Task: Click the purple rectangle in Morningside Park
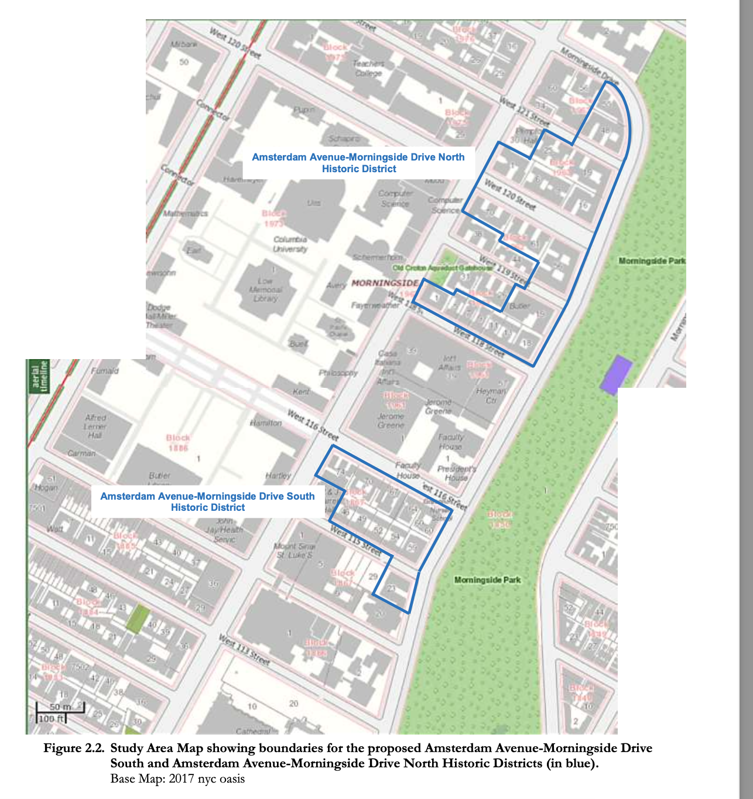point(616,374)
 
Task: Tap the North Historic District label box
point(358,163)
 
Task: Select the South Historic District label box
point(208,501)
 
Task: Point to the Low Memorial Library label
point(265,289)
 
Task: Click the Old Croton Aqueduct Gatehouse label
point(443,268)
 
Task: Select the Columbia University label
point(290,244)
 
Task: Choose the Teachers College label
point(368,68)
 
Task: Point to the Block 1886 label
point(178,442)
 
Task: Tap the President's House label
point(456,473)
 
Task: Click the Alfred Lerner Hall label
point(95,426)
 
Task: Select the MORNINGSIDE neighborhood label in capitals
point(385,283)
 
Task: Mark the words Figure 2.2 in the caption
point(74,748)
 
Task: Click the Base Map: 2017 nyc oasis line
point(177,779)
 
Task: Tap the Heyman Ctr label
point(491,395)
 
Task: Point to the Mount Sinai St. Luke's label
point(293,550)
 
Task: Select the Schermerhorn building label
point(378,257)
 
